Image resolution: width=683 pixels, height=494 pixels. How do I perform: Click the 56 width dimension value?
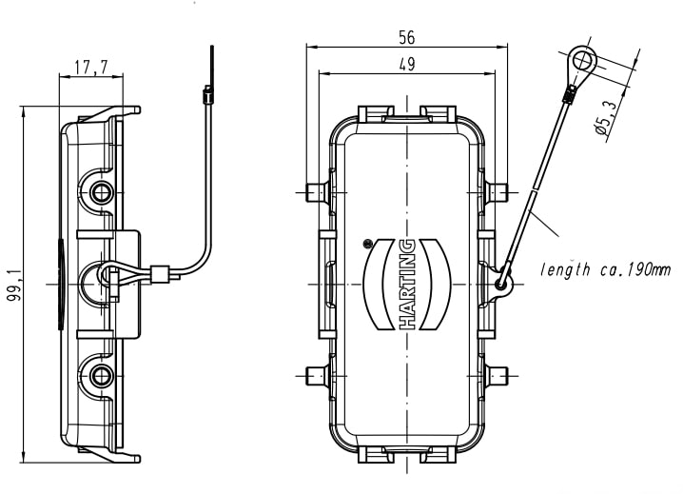(x=407, y=37)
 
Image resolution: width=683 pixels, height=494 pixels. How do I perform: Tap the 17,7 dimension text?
(x=90, y=68)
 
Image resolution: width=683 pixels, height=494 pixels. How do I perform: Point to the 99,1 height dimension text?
(x=13, y=285)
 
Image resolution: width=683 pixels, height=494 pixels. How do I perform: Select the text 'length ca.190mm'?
(x=605, y=270)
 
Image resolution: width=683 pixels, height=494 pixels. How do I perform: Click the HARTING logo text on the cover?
(x=407, y=285)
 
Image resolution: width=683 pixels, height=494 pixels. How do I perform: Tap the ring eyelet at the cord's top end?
(x=582, y=63)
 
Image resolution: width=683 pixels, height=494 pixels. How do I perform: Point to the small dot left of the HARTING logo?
(x=368, y=243)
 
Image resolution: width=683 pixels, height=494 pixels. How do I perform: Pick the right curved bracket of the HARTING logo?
(x=440, y=285)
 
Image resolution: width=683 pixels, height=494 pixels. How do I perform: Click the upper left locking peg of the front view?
(x=318, y=193)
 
